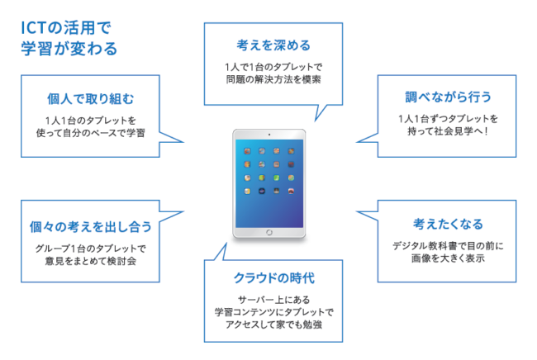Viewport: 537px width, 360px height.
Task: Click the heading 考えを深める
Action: point(273,45)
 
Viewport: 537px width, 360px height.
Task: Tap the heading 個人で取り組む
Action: point(90,98)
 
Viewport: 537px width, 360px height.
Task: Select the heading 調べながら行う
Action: point(448,97)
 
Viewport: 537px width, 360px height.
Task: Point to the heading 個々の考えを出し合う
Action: point(90,226)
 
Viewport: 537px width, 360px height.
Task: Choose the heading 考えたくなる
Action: point(448,224)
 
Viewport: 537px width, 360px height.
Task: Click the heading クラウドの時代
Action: point(274,278)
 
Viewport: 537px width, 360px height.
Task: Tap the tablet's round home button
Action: point(269,233)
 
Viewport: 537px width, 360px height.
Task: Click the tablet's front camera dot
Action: point(269,135)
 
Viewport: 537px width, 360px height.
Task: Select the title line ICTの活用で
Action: point(66,28)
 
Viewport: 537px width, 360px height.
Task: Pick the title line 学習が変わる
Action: point(69,48)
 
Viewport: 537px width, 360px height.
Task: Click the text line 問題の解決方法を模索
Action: point(273,79)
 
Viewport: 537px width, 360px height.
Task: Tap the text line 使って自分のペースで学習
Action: point(90,133)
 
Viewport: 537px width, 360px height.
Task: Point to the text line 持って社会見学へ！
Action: point(448,130)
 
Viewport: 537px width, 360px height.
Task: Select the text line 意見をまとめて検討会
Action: point(90,261)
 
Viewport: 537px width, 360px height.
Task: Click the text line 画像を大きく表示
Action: point(448,258)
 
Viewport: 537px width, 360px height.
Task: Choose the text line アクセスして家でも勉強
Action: point(273,324)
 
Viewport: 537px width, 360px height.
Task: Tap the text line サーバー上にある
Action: point(273,300)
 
